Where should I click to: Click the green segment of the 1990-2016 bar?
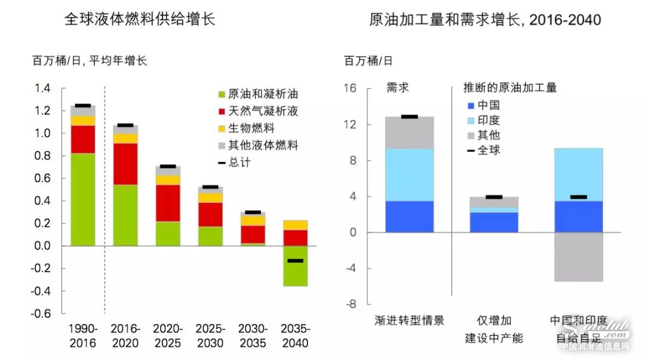pos(82,199)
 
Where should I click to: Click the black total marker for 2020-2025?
pos(168,166)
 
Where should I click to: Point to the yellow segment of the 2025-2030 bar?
pos(210,198)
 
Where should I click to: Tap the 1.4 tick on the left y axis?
pos(43,88)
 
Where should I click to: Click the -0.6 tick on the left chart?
pos(43,313)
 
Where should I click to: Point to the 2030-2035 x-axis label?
pos(253,336)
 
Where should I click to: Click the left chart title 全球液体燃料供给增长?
pos(140,20)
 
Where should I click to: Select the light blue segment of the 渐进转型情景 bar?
pos(409,174)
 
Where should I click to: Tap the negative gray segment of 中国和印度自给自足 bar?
pos(578,257)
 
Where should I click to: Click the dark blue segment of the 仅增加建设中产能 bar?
pos(493,222)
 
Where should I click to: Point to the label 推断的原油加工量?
pos(510,88)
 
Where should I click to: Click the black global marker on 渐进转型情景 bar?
pos(409,116)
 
